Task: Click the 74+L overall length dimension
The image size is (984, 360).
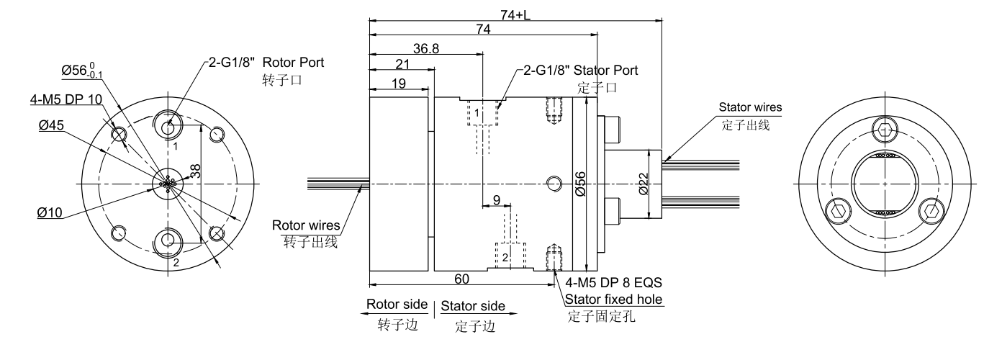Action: coord(515,13)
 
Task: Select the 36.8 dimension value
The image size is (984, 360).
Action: coord(426,48)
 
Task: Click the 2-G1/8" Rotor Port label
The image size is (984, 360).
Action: coord(266,63)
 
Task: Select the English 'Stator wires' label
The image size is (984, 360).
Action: coord(750,108)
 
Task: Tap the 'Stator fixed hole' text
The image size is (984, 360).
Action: coord(614,299)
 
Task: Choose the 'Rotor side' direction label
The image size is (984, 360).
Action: coord(397,305)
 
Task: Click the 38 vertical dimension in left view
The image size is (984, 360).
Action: coord(197,170)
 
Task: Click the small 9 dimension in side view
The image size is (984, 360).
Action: coord(496,199)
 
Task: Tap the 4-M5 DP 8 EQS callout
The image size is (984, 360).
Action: coord(614,283)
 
